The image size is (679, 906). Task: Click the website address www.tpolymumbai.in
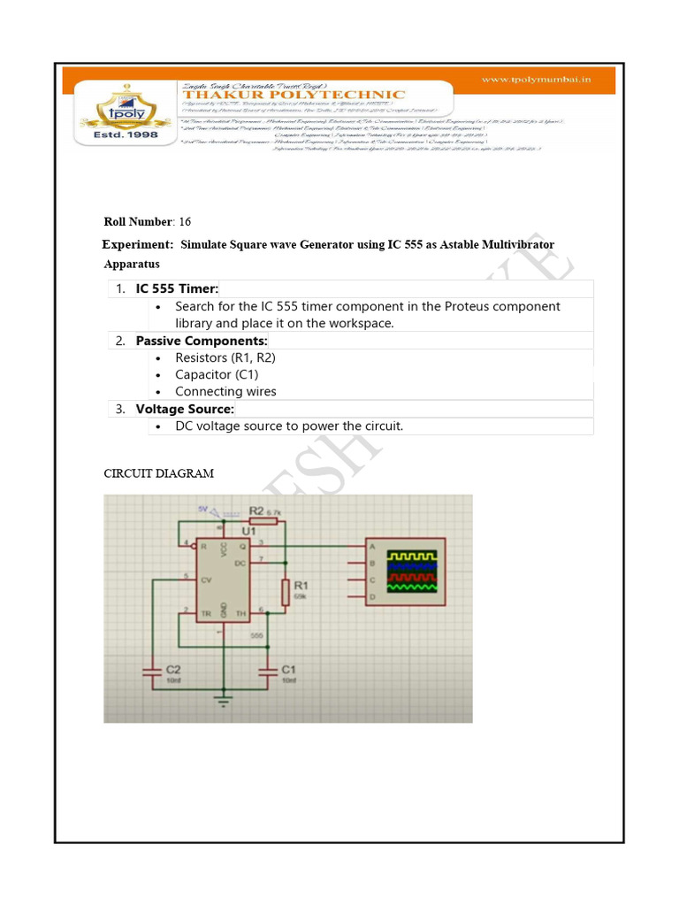tap(536, 80)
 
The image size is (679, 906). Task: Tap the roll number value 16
tap(184, 221)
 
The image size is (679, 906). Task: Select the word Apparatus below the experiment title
tap(132, 264)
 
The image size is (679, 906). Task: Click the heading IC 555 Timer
tap(177, 289)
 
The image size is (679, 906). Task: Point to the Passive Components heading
tap(202, 341)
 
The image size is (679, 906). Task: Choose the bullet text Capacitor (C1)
tap(217, 374)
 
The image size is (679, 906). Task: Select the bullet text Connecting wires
tap(225, 391)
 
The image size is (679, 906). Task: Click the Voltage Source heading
tap(185, 409)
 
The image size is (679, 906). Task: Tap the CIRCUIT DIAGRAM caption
tap(159, 473)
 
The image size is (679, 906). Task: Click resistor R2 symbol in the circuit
tap(265, 522)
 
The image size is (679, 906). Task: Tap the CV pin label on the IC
tap(203, 580)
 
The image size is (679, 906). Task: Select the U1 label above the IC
tap(248, 531)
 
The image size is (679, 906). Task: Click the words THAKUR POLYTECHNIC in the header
tap(293, 95)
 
